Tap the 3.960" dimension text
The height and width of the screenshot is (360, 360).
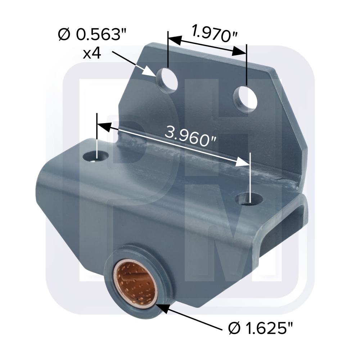point(191,136)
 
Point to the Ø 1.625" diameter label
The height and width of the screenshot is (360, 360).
point(261,329)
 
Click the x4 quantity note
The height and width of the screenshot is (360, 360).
point(92,54)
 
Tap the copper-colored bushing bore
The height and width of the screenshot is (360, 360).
point(135,283)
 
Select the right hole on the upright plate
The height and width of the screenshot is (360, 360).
point(245,99)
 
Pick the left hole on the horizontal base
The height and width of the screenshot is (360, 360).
point(96,156)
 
